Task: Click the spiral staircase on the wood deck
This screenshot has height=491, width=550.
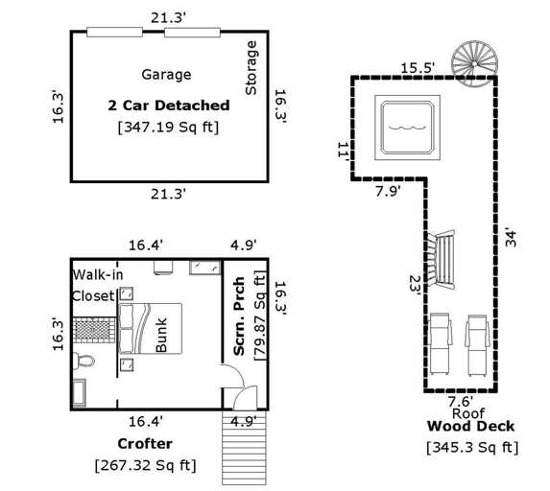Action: coord(475,55)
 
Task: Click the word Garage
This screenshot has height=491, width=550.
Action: coord(166,75)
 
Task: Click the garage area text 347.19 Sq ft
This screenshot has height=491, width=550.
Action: coord(167,126)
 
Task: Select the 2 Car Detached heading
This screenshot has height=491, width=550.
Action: coord(168,105)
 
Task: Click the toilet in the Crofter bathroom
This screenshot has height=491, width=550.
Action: coord(83,360)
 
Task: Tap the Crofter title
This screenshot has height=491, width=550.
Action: coord(145,444)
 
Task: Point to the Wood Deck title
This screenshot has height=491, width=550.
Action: coord(470,426)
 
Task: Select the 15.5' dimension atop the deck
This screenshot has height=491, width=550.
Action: coord(418,67)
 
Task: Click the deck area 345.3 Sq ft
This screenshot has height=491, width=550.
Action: coord(471,447)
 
